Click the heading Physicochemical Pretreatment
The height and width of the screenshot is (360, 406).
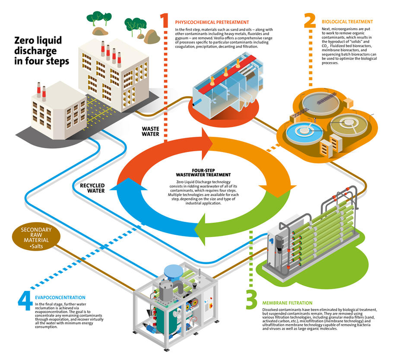pos(212,22)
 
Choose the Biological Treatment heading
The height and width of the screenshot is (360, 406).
pos(347,22)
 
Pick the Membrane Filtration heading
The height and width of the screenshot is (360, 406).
pos(287,303)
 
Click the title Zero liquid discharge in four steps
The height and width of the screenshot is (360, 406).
pos(41,51)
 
